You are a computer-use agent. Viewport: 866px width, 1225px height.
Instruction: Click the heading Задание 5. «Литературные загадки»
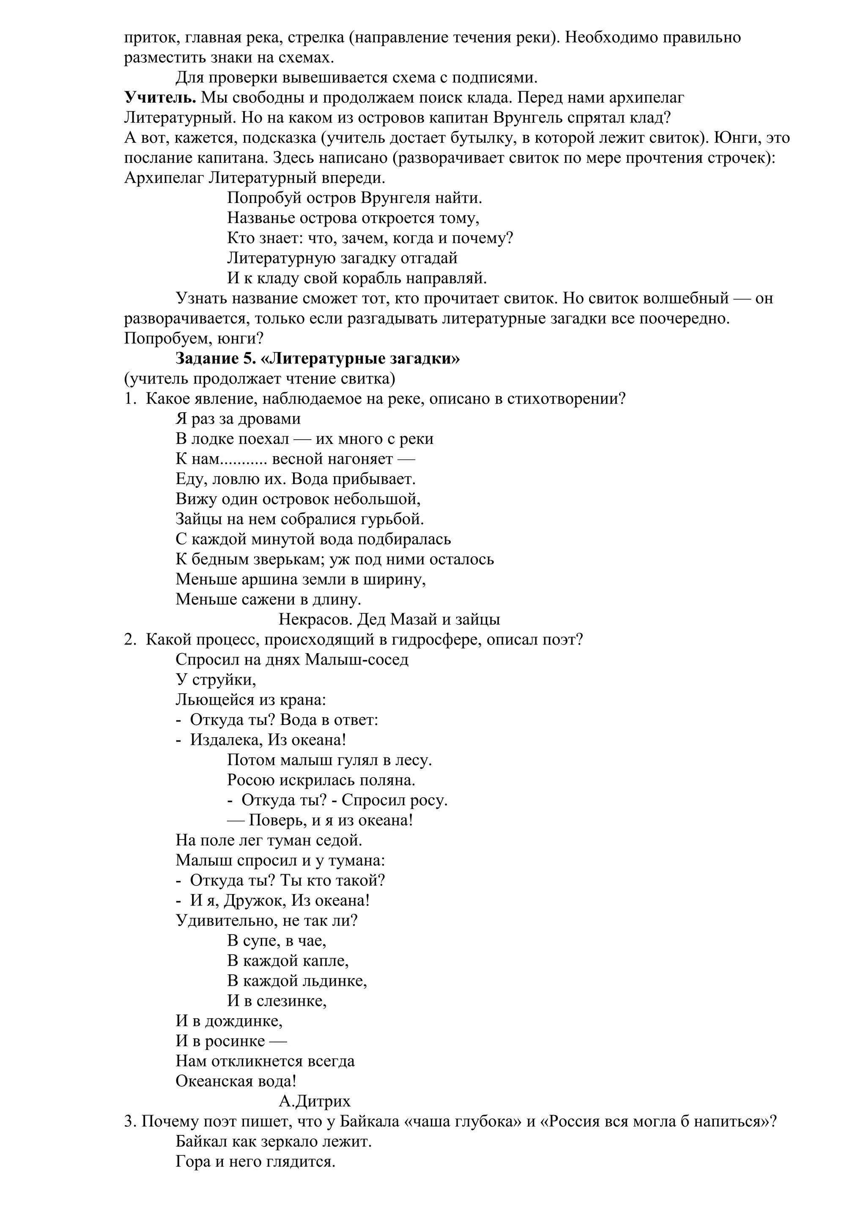click(x=318, y=358)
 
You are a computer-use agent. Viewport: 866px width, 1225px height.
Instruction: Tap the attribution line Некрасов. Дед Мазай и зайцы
click(x=389, y=619)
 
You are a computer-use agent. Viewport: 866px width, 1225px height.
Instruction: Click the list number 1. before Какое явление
click(x=130, y=399)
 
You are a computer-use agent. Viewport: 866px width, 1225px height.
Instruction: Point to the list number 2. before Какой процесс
click(x=130, y=639)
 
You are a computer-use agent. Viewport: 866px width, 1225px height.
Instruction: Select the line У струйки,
click(x=216, y=680)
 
